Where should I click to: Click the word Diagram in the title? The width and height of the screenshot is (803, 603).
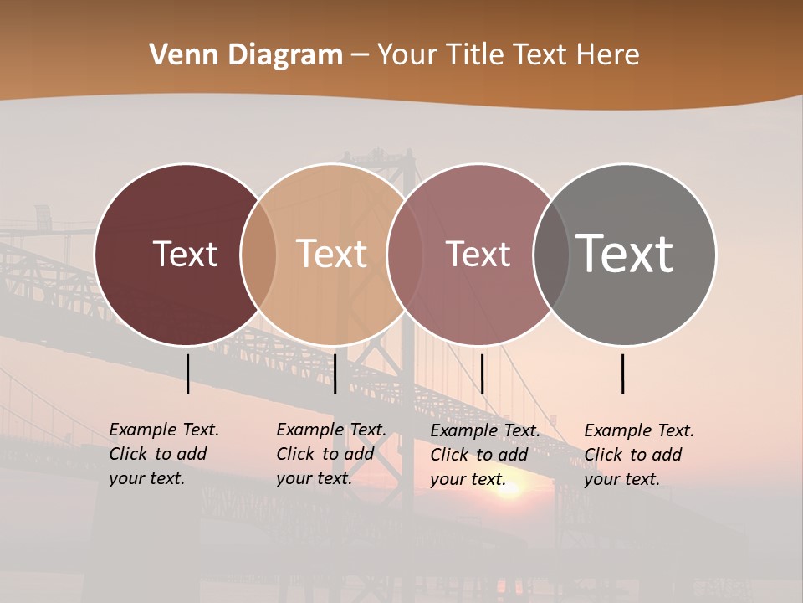284,55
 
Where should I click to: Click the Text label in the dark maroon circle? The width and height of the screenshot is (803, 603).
185,254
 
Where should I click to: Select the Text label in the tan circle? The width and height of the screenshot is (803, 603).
331,254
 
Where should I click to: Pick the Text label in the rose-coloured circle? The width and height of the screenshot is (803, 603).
478,254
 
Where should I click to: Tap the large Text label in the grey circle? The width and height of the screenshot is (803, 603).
624,253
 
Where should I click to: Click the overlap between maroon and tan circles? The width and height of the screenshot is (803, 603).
258,255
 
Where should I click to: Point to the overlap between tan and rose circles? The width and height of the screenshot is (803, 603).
405,255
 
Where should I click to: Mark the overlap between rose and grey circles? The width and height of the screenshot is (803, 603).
551,255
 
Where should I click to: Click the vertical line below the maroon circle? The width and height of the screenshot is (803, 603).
187,374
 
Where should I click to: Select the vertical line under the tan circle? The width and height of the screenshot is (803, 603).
335,374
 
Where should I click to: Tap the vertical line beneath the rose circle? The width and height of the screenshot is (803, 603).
482,374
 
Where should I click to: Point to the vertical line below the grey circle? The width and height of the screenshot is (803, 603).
622,374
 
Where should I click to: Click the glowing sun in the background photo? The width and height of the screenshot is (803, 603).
508,489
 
